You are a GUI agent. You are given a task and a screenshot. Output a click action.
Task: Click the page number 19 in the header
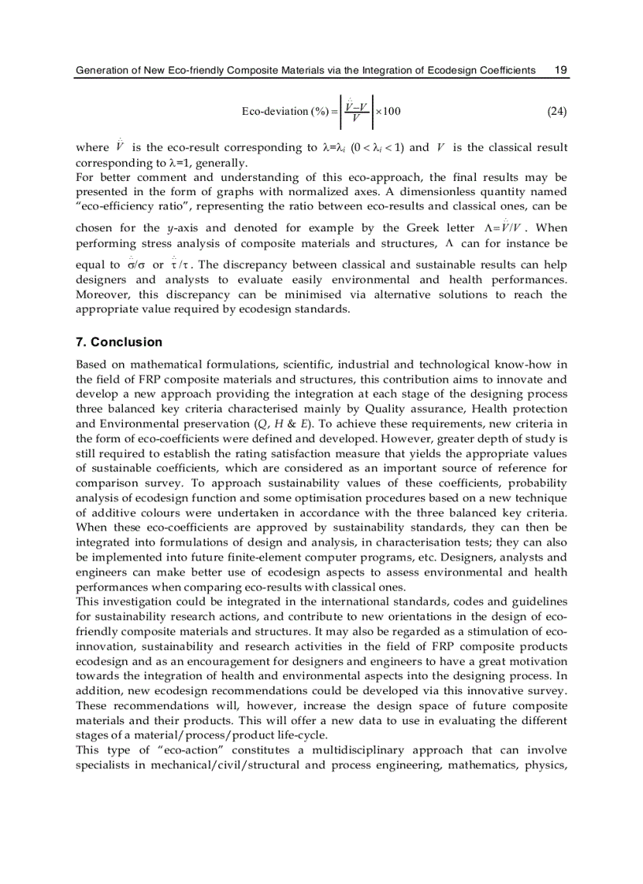coord(560,71)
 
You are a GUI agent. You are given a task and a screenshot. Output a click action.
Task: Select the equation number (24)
coord(556,111)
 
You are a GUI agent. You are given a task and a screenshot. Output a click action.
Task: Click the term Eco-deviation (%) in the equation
coord(285,111)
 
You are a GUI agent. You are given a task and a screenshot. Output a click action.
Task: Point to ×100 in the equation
coord(388,111)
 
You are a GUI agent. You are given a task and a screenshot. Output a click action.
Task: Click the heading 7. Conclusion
coord(118,342)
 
